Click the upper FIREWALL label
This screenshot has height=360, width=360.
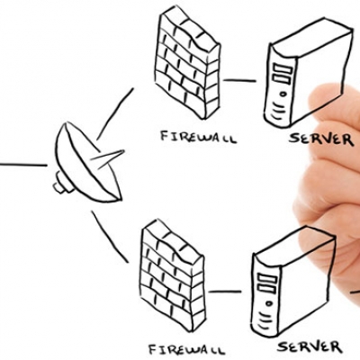(x=198, y=137)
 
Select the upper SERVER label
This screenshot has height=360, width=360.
(x=320, y=139)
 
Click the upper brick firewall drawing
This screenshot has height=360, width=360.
(x=188, y=65)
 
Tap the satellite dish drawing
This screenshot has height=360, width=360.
(x=88, y=164)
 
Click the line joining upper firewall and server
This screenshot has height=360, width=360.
(x=239, y=80)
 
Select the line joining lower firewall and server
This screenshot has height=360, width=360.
(x=225, y=292)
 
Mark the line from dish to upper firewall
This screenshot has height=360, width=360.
(x=115, y=114)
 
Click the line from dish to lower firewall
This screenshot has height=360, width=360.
(x=110, y=237)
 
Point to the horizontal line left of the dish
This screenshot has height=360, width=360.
(x=23, y=165)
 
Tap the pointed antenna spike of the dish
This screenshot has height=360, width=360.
(x=108, y=157)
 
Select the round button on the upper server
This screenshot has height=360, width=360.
(x=283, y=94)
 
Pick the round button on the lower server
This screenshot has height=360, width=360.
(x=268, y=303)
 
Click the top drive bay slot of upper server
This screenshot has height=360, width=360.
(x=283, y=68)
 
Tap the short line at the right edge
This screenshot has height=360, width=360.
(x=355, y=291)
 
